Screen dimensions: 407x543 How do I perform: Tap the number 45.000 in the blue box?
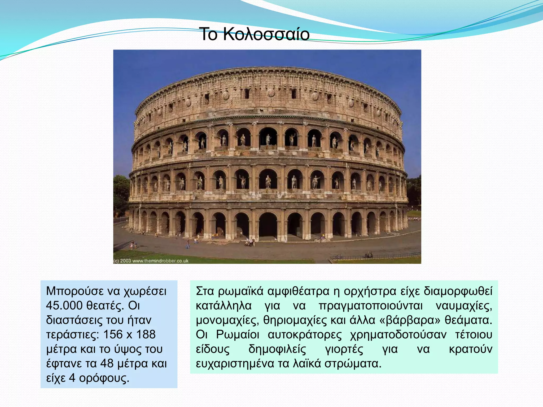point(64,306)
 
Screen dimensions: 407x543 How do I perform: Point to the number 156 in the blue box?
point(113,334)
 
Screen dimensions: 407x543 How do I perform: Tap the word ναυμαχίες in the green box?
point(464,306)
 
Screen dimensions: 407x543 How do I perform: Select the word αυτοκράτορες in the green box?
point(305,334)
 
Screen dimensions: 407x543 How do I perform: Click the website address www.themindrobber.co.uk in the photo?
point(160,261)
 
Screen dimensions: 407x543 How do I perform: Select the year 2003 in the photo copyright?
point(125,261)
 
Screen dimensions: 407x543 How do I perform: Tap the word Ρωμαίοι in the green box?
point(238,334)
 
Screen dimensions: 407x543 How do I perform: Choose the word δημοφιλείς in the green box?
point(277,349)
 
